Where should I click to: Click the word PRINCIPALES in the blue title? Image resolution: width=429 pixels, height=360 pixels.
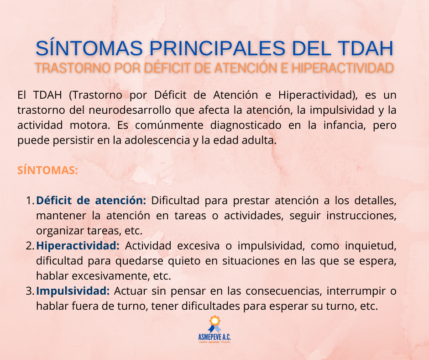(217, 48)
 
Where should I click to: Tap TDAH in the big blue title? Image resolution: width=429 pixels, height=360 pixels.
(365, 48)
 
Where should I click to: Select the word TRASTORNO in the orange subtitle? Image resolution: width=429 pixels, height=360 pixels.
(73, 68)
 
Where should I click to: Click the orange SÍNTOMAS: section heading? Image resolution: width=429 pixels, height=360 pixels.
(47, 170)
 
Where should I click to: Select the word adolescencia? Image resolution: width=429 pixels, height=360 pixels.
(157, 140)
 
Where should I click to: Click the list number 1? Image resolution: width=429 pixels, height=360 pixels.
(30, 201)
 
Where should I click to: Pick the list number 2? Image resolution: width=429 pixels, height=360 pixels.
(30, 246)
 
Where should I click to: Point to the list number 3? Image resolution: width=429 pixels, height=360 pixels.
(30, 291)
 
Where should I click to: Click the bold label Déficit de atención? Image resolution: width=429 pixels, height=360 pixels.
(91, 201)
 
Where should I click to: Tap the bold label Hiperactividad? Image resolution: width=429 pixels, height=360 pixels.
(78, 246)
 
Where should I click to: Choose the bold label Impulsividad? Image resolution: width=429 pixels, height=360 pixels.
(73, 291)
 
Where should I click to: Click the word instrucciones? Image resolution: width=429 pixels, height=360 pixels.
(361, 216)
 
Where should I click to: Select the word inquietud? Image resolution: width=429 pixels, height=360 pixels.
(371, 246)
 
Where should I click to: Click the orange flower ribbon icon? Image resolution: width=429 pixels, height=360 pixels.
(214, 324)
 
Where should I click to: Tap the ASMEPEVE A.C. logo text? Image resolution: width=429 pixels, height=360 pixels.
(214, 337)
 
